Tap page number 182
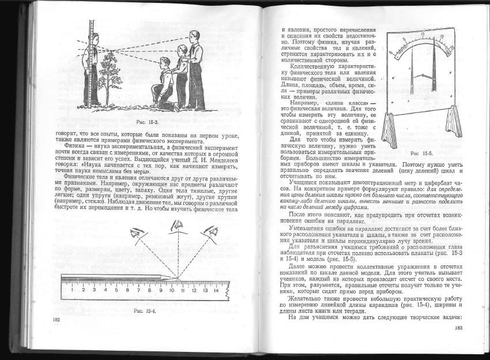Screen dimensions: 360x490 pos(56,319)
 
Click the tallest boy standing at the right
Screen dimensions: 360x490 pos(196,69)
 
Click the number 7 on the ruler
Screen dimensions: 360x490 pos(138,290)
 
